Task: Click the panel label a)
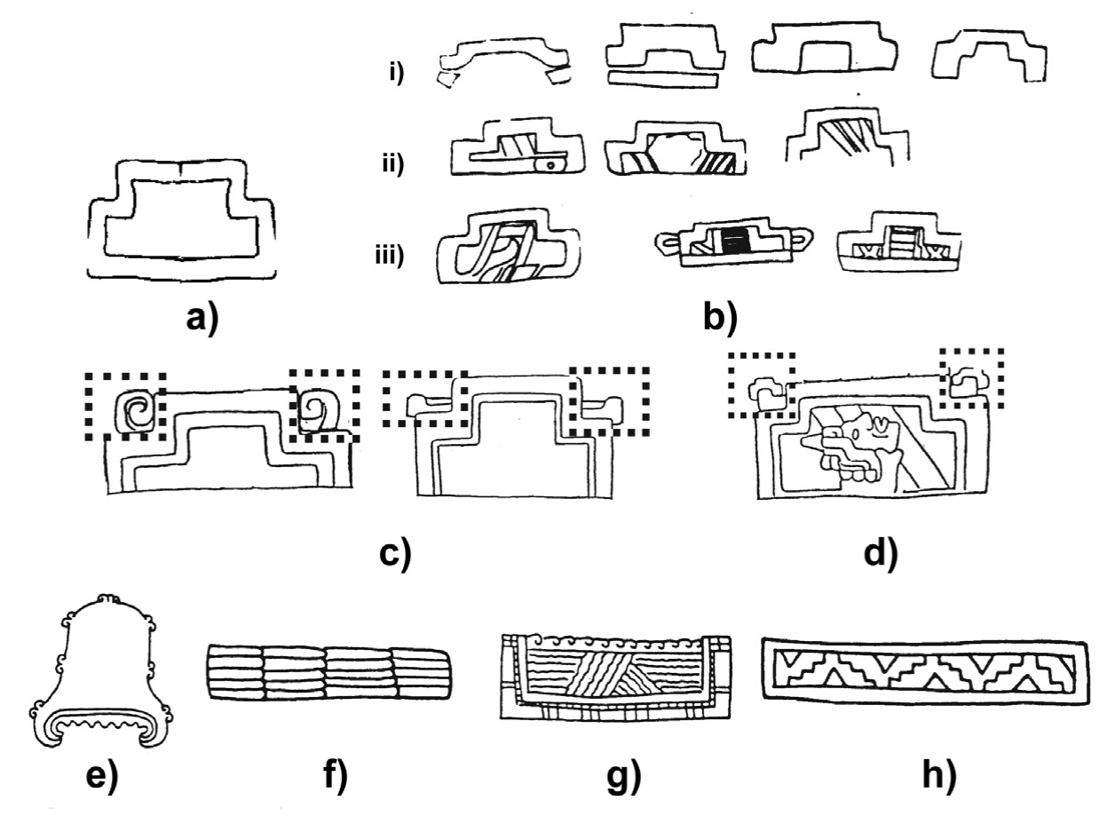coord(201,317)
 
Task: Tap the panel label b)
coord(720,317)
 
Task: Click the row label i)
coord(396,73)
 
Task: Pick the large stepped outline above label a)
coord(181,218)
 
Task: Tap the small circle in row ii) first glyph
coord(552,164)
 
